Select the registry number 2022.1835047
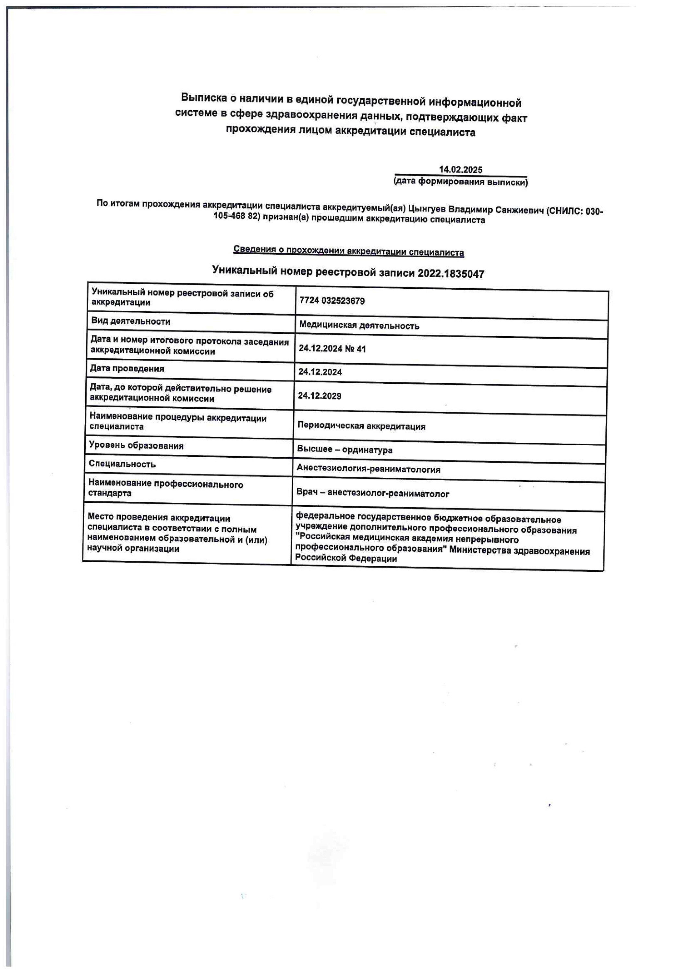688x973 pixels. pyautogui.click(x=451, y=274)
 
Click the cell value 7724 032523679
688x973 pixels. pyautogui.click(x=332, y=301)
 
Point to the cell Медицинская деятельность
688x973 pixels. pyautogui.click(x=359, y=325)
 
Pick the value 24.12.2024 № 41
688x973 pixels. pyautogui.click(x=332, y=349)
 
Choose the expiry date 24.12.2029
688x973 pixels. pyautogui.click(x=319, y=396)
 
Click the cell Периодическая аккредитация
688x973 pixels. pyautogui.click(x=361, y=426)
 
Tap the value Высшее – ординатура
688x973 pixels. pyautogui.click(x=344, y=450)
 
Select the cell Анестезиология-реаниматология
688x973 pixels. pyautogui.click(x=368, y=469)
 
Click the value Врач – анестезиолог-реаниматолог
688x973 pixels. pyautogui.click(x=373, y=493)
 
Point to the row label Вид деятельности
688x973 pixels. pyautogui.click(x=131, y=321)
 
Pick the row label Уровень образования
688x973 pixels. pyautogui.click(x=136, y=445)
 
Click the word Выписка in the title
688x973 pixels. pyautogui.click(x=204, y=98)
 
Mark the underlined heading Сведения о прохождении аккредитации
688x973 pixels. pyautogui.click(x=348, y=251)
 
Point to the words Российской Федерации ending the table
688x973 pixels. pyautogui.click(x=346, y=559)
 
